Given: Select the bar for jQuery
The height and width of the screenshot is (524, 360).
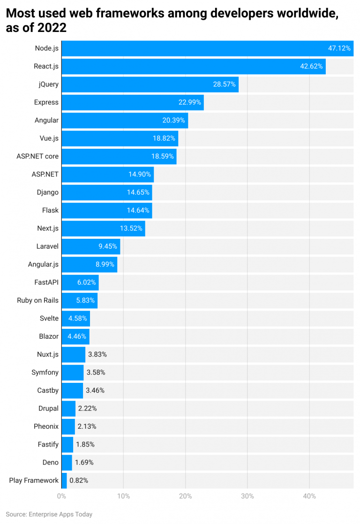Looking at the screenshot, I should pos(150,84).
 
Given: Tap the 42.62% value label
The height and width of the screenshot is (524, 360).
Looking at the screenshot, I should pos(311,67).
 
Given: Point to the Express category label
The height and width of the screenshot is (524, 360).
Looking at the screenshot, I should pos(46,102).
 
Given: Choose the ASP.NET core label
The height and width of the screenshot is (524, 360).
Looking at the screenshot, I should pos(37,156).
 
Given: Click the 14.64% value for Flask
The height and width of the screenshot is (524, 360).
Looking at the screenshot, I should pos(138,210).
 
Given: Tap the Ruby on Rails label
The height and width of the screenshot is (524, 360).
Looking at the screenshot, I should pos(37,300).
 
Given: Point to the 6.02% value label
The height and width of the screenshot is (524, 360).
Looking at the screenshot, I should pos(86,282).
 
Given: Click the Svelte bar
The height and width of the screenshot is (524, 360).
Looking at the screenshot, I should pos(75,319).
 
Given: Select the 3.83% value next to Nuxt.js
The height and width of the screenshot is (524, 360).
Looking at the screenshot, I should pos(97,355).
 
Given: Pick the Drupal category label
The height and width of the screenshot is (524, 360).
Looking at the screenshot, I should pos(48,409).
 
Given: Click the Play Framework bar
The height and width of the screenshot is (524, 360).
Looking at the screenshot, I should pos(64,480).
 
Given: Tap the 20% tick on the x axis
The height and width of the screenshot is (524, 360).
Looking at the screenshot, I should pos(186,496).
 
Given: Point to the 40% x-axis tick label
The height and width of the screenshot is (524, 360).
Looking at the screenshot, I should pos(309,496).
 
